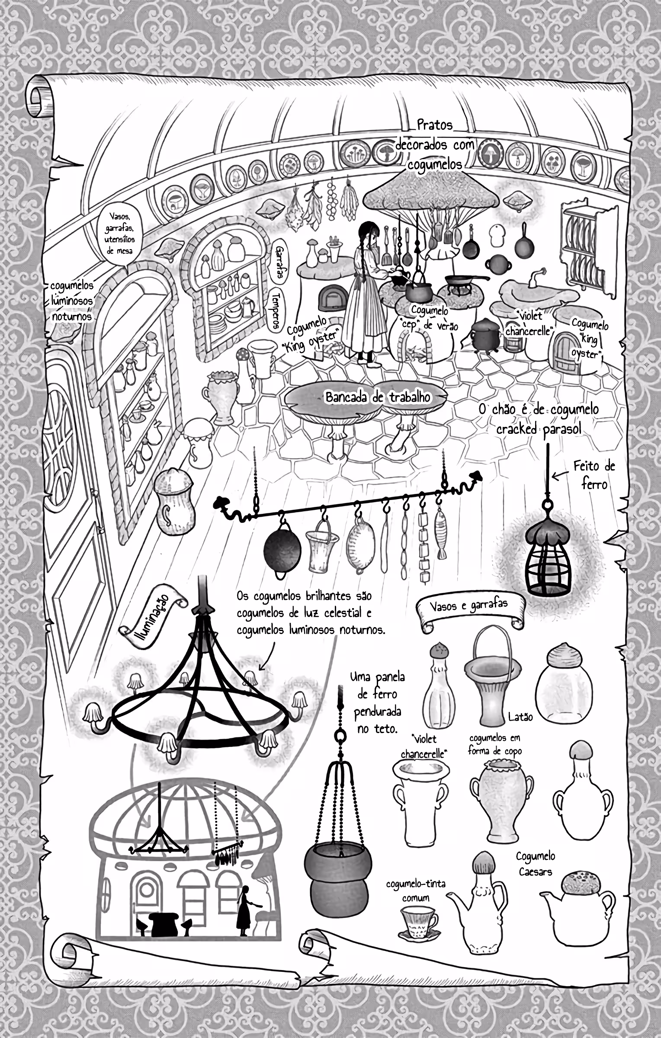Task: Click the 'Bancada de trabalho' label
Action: point(378,397)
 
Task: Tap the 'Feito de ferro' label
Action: point(594,474)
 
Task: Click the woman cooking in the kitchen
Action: point(366,294)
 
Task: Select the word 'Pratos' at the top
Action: point(435,125)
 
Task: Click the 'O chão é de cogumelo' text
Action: point(539,410)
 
